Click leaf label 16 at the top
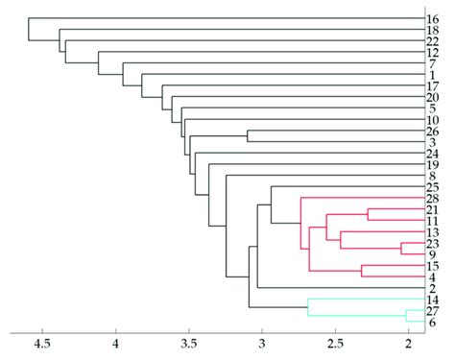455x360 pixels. tap(432, 19)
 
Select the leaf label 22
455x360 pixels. tap(432, 41)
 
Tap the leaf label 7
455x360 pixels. tap(433, 63)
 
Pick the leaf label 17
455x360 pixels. tap(432, 86)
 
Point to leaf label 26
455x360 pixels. tap(432, 132)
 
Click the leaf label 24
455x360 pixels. tap(432, 154)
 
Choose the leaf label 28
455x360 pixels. tap(432, 198)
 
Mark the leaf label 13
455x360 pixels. tap(432, 232)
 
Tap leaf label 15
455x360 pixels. tap(432, 265)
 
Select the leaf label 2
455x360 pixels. tap(433, 287)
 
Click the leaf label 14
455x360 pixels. tap(432, 300)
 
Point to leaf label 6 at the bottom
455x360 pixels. tap(433, 322)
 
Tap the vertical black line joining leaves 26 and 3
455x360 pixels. tap(248, 136)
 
